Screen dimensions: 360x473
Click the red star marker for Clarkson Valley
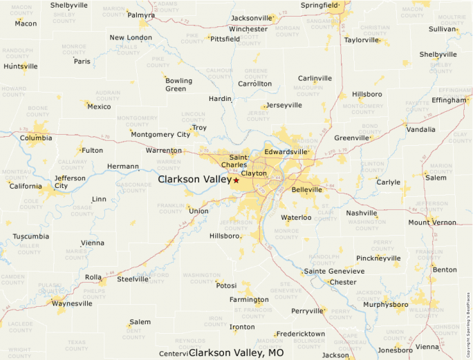[236, 180]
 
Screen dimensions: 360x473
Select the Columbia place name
[35, 138]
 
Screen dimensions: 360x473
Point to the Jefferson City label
[70, 182]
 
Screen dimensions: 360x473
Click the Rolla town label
[93, 278]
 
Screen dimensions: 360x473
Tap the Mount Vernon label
[432, 222]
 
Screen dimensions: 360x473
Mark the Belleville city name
[307, 189]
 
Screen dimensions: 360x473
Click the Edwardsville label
[285, 151]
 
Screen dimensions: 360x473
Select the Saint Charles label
[234, 161]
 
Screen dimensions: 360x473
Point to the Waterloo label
[296, 218]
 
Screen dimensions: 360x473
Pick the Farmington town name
[249, 301]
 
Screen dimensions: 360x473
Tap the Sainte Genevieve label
[335, 272]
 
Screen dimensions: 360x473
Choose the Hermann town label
[123, 167]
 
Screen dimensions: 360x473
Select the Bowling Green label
[178, 85]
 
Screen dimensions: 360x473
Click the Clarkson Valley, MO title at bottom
[236, 353]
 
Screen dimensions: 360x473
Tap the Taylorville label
[362, 40]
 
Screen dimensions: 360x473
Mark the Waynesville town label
[72, 303]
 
